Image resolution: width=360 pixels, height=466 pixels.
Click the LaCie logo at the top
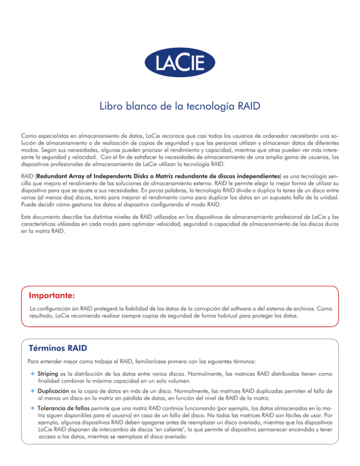click(x=180, y=61)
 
